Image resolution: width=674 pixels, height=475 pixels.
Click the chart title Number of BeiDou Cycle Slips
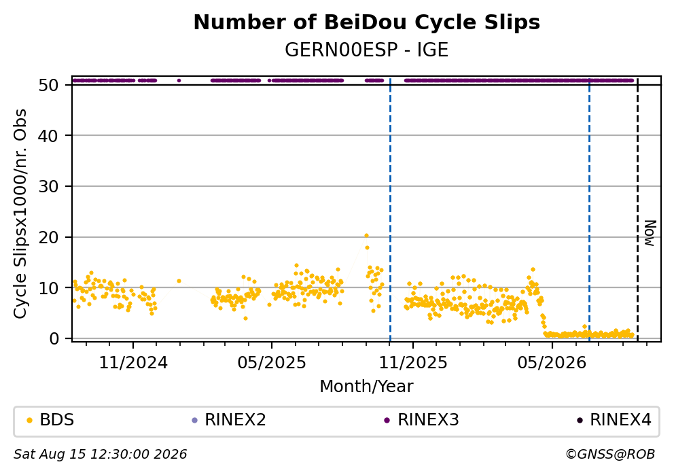click(x=367, y=22)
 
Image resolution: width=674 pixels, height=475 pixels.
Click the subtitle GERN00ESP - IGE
click(x=367, y=50)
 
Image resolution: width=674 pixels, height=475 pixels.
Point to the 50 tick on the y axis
click(x=48, y=85)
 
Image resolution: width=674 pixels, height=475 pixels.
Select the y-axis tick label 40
click(x=48, y=136)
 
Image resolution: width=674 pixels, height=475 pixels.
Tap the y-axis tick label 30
click(x=48, y=187)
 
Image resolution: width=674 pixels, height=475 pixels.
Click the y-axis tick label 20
click(x=48, y=237)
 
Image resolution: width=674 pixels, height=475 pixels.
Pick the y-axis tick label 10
click(x=48, y=288)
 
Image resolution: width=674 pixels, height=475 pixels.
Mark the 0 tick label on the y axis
click(x=54, y=338)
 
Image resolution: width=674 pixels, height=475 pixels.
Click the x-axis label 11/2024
click(x=133, y=363)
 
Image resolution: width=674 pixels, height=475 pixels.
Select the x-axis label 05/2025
click(x=272, y=363)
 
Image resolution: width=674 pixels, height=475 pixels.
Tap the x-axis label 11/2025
click(x=413, y=363)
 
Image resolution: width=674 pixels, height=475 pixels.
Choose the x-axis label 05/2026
click(x=552, y=363)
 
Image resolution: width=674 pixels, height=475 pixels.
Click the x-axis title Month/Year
click(x=367, y=387)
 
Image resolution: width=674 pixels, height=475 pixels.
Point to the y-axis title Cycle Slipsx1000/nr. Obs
click(x=20, y=213)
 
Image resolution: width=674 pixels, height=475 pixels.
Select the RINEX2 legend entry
click(x=229, y=420)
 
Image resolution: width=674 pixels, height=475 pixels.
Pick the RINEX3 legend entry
click(x=422, y=420)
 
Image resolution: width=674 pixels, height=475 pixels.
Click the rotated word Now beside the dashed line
click(x=650, y=233)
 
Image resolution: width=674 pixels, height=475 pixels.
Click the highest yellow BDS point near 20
click(x=366, y=236)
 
